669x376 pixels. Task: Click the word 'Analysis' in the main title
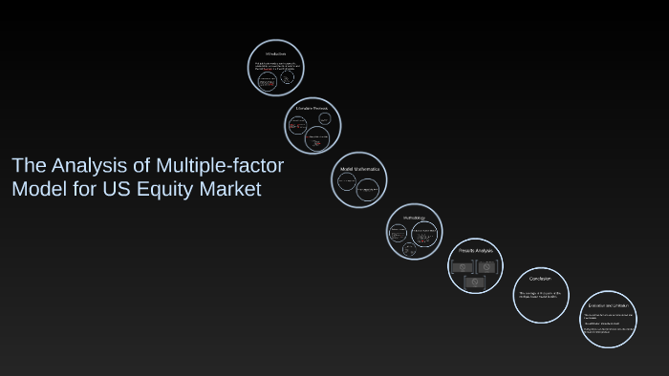81,166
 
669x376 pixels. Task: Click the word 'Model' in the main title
37,189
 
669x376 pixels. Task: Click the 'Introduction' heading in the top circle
276,53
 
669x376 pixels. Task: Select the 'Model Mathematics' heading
359,168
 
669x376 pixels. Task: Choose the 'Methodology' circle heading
413,217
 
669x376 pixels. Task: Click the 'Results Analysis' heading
475,250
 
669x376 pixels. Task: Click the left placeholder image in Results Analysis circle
464,267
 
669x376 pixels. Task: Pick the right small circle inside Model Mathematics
369,189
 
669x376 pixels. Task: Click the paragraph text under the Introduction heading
277,67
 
